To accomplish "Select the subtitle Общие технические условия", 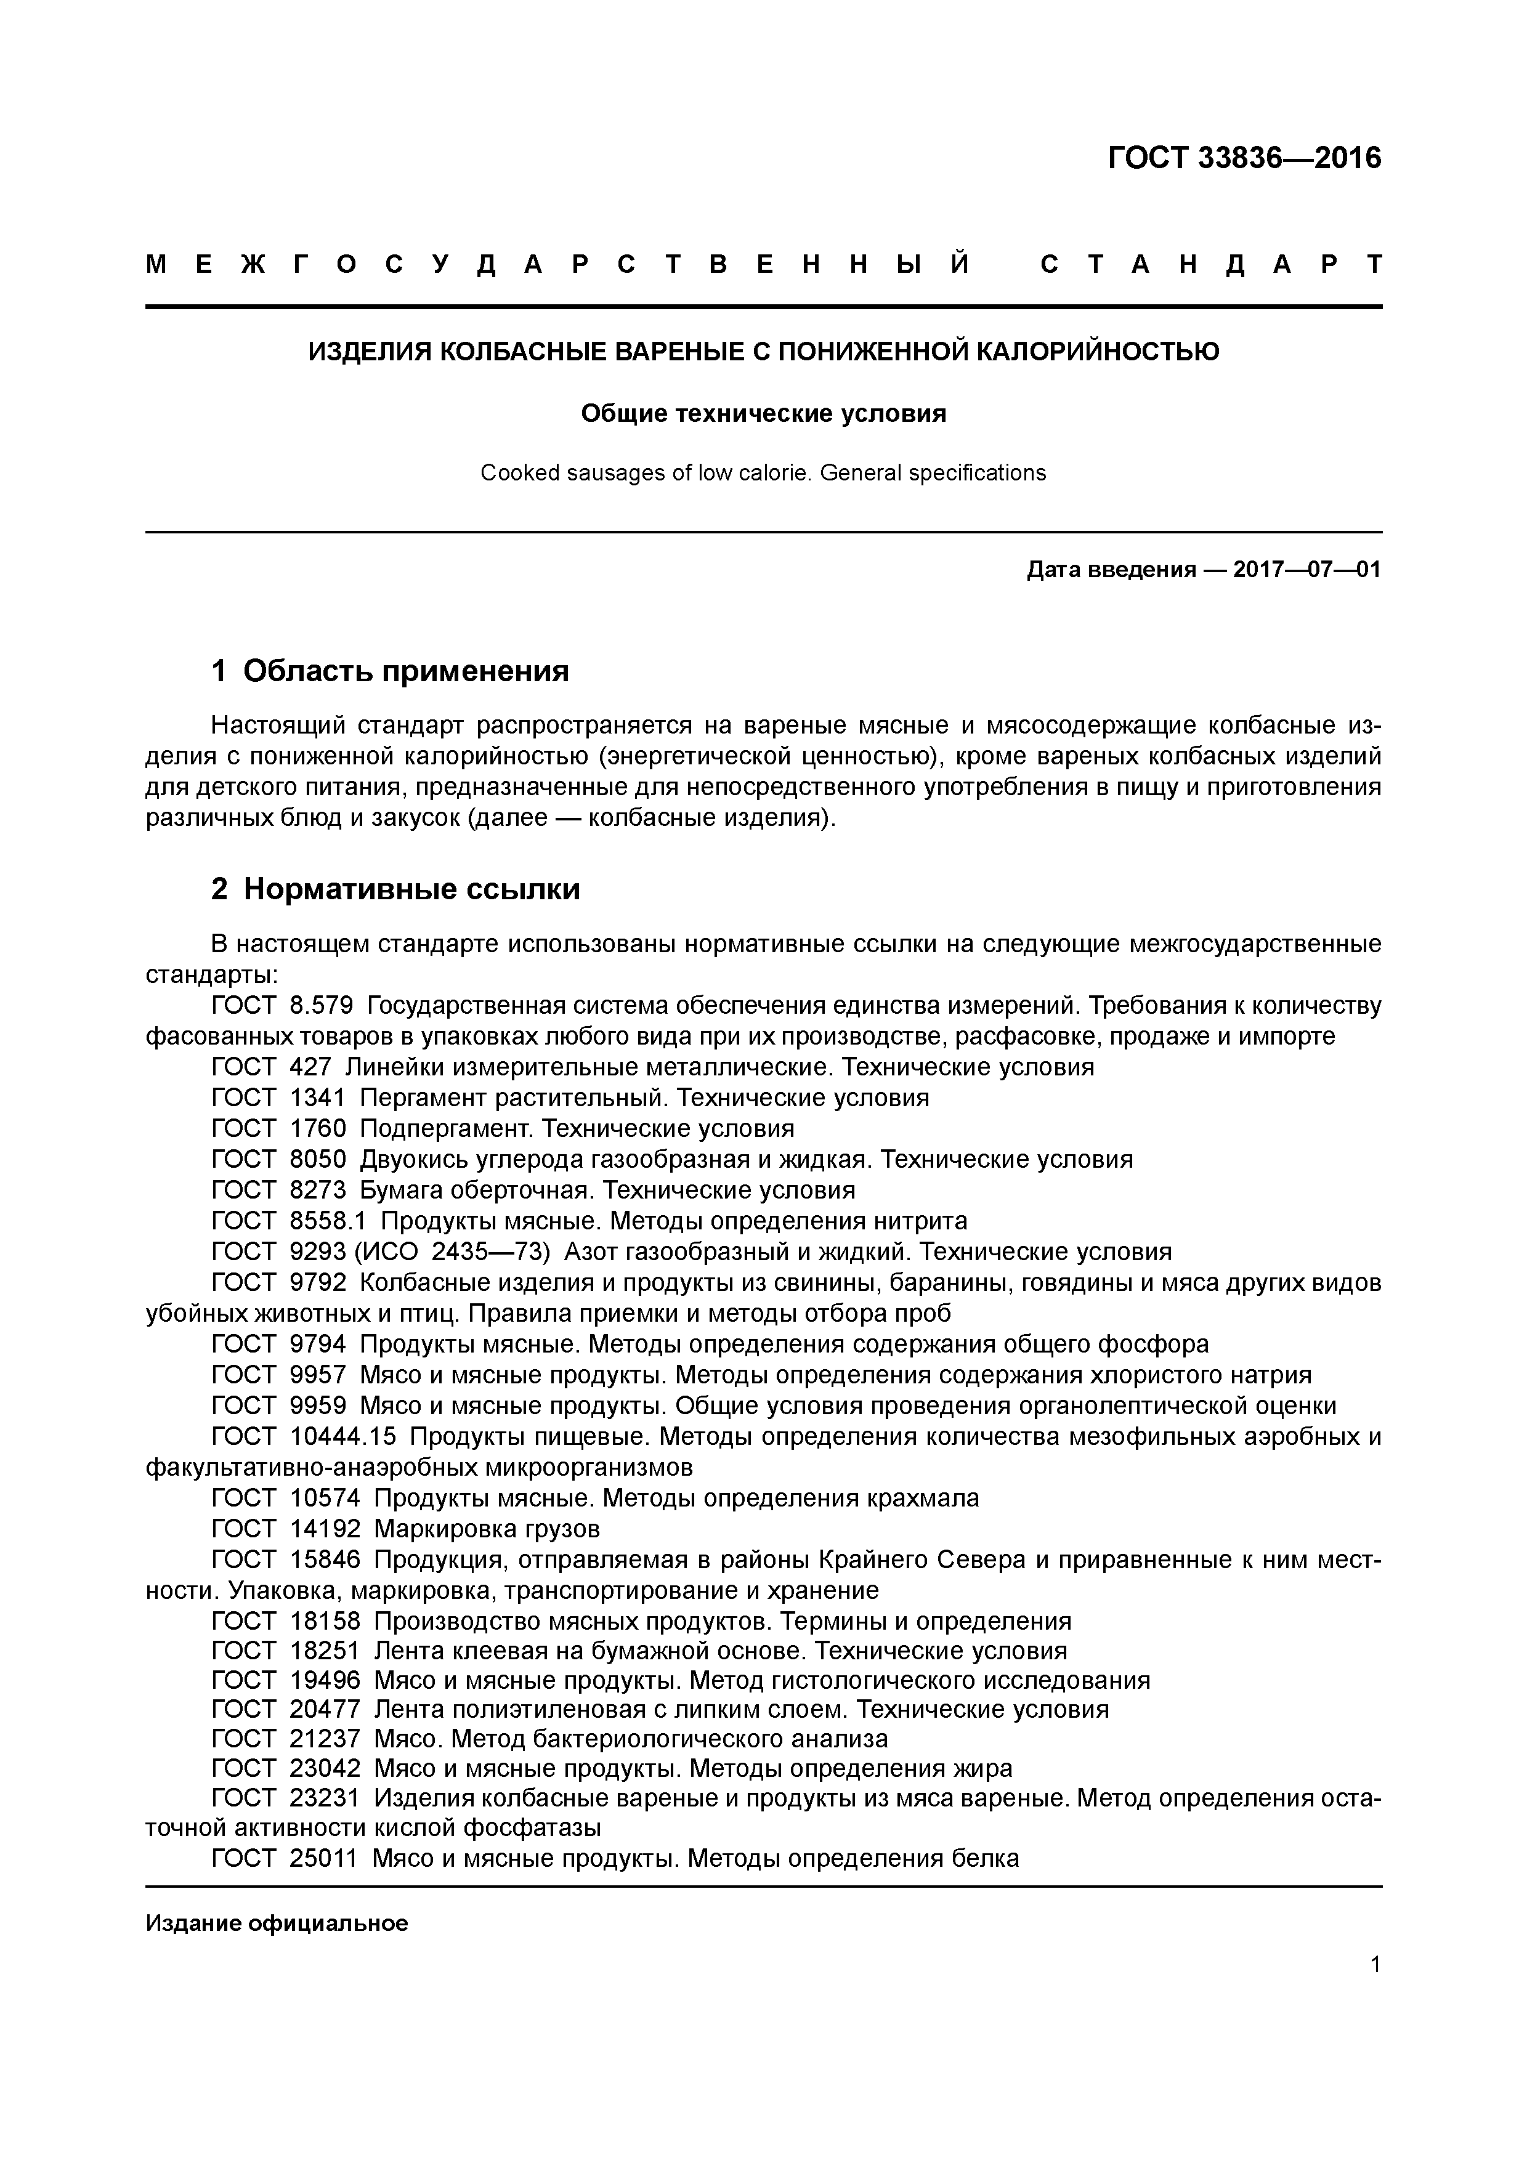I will [x=763, y=413].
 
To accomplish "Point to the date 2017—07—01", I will [x=1306, y=569].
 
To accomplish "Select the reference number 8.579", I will [x=321, y=1006].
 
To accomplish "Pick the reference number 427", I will [x=310, y=1067].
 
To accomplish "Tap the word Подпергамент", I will [x=447, y=1128].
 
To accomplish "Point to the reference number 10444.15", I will [x=342, y=1436].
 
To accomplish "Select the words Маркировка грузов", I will [x=487, y=1529].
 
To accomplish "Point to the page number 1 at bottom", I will [x=1375, y=1964].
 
